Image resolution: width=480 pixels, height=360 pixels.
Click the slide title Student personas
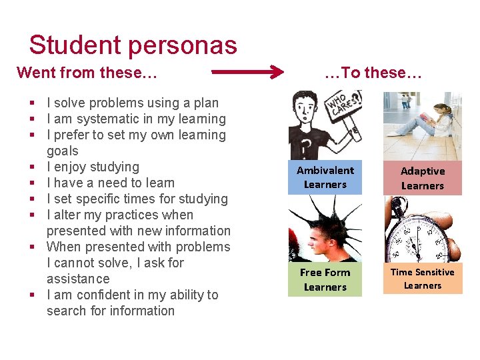(133, 45)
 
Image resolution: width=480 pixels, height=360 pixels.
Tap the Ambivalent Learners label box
(325, 177)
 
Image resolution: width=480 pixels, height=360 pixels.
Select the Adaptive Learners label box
(422, 178)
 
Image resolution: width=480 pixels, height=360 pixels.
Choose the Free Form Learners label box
(325, 280)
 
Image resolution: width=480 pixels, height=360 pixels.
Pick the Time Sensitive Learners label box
(422, 279)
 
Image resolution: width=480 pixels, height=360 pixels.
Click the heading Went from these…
(87, 73)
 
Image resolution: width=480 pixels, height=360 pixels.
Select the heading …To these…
(373, 73)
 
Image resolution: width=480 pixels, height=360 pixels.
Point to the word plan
(205, 103)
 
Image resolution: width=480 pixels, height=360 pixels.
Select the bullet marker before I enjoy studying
(32, 167)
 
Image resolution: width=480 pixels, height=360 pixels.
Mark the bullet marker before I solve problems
(32, 103)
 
